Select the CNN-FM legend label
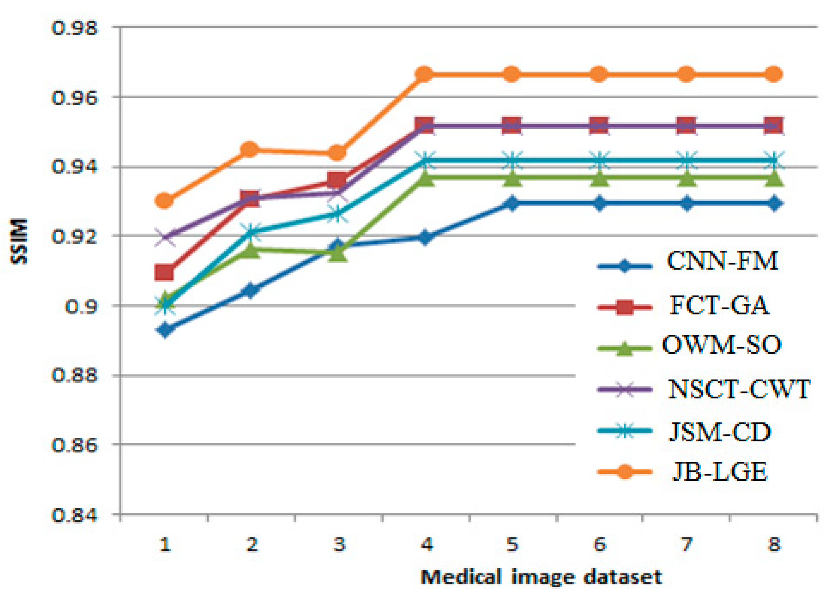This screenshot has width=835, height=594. pos(722,261)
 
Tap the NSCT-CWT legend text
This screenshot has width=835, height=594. pos(739,389)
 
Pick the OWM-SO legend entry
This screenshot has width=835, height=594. pos(721,344)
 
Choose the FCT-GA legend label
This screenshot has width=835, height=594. pos(719,306)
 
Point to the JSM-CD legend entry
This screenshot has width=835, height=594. pos(720,432)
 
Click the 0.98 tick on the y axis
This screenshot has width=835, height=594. pos(75,28)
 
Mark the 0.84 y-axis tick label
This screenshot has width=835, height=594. pos(75,515)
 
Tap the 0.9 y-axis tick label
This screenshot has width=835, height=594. pos(81,306)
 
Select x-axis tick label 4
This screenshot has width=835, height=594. pos(426,545)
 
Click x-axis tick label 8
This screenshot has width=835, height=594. pos(774,545)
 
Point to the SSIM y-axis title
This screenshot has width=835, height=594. pos(19,241)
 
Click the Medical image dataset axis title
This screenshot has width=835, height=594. pos(541,577)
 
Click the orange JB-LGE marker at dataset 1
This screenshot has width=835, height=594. pos(164,201)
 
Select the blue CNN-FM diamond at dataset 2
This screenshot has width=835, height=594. pos(251,291)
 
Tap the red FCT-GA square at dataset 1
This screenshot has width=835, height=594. pos(164,273)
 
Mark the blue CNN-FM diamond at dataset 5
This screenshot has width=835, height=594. pos(512,203)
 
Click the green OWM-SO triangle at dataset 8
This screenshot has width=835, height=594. pos(774,179)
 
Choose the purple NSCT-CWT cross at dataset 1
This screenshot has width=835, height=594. pos(164,237)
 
